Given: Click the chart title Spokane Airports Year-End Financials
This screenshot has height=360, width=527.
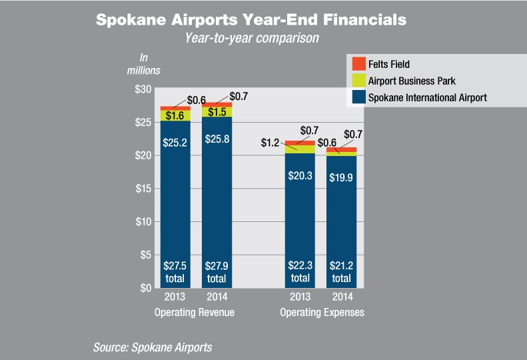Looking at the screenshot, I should (x=251, y=19).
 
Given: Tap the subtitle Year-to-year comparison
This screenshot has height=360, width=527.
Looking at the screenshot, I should (x=252, y=39).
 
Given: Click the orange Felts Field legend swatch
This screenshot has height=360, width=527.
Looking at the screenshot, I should (x=359, y=64).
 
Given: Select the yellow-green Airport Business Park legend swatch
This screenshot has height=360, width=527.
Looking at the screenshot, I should (x=359, y=81).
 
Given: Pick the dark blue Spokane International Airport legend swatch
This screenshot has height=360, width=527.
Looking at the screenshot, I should (x=359, y=97).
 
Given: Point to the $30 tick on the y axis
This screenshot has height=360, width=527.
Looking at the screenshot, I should (x=144, y=89).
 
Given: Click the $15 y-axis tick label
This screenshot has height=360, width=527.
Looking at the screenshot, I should (x=144, y=189).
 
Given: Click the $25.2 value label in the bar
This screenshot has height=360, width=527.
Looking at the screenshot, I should (x=175, y=141).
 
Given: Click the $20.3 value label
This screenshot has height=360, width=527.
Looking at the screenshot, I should (x=300, y=176).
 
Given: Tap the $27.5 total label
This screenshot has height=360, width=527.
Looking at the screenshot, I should (x=175, y=271).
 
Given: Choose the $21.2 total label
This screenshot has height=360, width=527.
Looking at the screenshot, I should (x=341, y=271).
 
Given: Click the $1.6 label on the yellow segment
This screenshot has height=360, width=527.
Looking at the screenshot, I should (x=175, y=116).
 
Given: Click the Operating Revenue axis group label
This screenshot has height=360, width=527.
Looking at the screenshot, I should (x=194, y=312).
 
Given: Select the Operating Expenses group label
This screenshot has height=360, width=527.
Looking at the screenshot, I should (x=322, y=312).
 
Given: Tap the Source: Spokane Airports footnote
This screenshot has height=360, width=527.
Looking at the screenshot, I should (x=153, y=347).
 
